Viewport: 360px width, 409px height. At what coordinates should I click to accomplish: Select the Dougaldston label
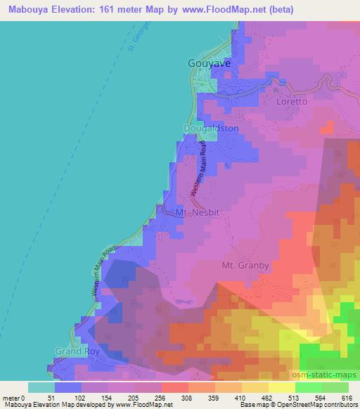point(211,129)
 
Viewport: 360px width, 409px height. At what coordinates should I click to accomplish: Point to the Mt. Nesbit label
point(194,212)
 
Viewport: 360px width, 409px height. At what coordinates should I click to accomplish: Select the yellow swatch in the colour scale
point(281,387)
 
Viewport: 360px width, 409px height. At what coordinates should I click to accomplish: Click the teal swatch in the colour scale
point(41,387)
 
